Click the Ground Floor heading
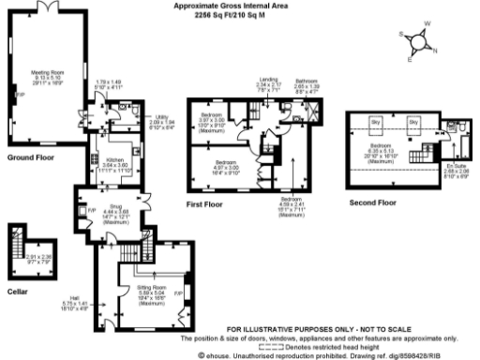(x=27, y=157)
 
